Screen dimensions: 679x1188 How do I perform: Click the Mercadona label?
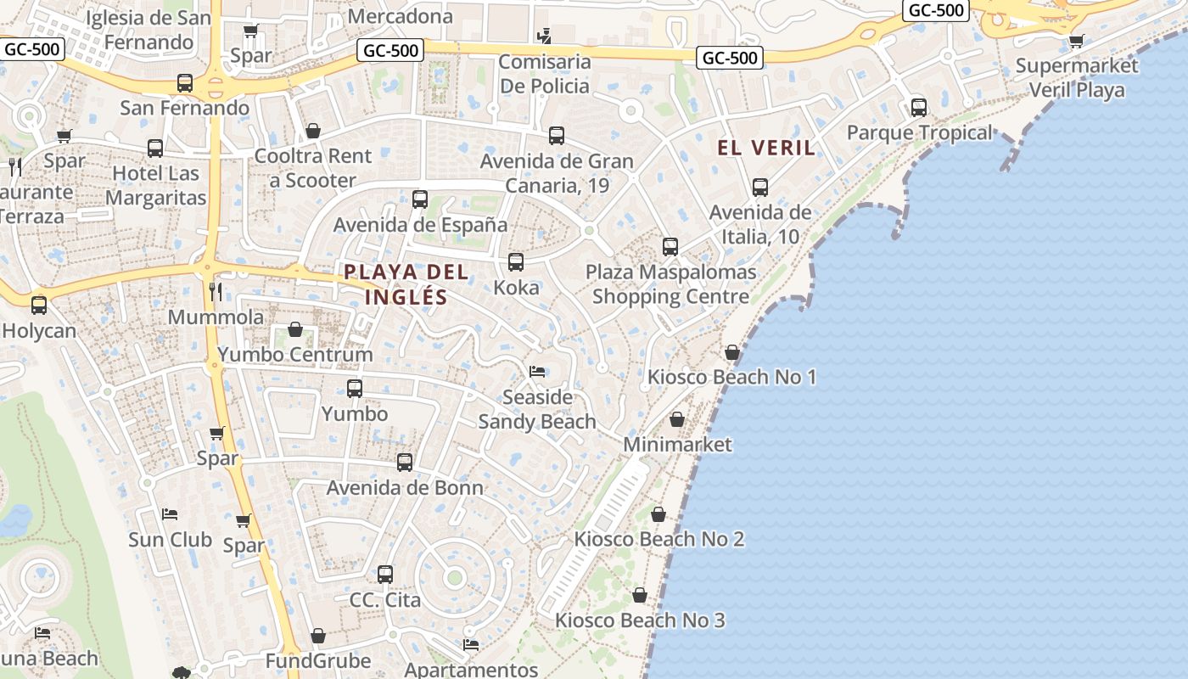point(400,16)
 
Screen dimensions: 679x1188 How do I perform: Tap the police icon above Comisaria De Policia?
point(545,36)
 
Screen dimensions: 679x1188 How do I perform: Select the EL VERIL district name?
point(766,148)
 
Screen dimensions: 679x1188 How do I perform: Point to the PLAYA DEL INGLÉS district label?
point(406,284)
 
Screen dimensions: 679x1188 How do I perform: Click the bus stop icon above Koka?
point(516,262)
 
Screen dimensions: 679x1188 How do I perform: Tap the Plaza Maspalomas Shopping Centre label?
point(670,284)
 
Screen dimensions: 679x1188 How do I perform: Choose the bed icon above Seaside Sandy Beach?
point(537,372)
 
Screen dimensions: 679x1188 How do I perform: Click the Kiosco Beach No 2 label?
point(658,539)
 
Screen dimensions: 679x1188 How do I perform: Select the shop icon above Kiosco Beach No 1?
point(732,352)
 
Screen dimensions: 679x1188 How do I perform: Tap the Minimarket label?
point(677,444)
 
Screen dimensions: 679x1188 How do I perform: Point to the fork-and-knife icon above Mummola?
point(216,293)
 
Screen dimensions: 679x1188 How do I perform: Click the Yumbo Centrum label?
point(295,354)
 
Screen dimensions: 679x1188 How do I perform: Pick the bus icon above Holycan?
point(39,306)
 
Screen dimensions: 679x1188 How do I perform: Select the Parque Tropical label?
point(919,132)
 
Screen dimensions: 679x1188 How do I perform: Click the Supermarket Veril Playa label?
point(1077,77)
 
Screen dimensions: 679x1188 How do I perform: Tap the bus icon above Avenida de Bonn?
point(405,463)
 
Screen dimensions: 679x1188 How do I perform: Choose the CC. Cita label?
point(385,599)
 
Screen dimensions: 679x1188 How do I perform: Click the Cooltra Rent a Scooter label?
point(313,168)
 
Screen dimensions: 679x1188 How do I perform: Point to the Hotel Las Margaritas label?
point(156,186)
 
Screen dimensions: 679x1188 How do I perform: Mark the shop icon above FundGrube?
point(318,636)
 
